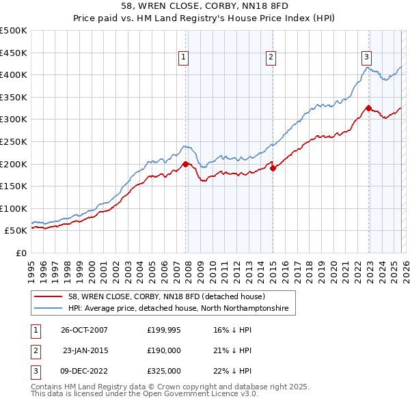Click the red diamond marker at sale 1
186,164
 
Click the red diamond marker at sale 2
273,168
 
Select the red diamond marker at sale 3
368,108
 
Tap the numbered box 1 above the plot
184,57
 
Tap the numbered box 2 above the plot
271,57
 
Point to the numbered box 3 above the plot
367,57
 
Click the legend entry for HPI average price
178,309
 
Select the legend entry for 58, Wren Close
171,296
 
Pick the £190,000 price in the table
164,350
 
